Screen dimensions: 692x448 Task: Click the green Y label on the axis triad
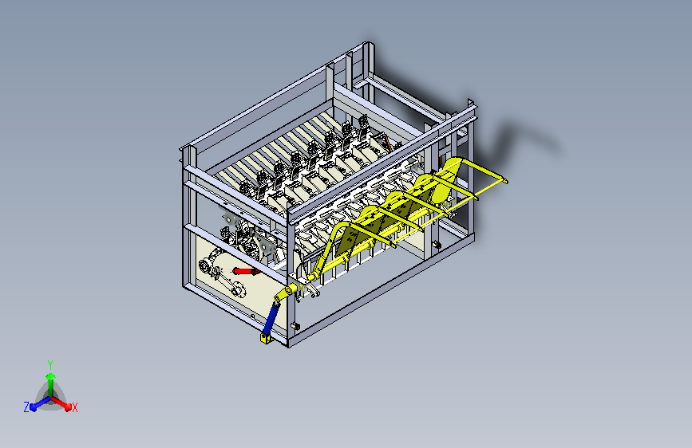(x=50, y=364)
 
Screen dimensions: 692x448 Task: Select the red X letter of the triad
(x=74, y=408)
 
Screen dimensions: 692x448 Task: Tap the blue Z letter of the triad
(x=26, y=407)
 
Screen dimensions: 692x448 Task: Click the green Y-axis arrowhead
(x=51, y=376)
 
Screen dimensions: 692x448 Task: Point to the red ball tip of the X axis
(x=68, y=406)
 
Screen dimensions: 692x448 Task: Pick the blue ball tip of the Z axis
(x=34, y=407)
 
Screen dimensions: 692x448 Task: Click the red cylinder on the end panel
(x=245, y=271)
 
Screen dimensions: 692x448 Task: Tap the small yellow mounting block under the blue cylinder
(x=265, y=339)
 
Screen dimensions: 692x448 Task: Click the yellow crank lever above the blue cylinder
(x=286, y=293)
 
